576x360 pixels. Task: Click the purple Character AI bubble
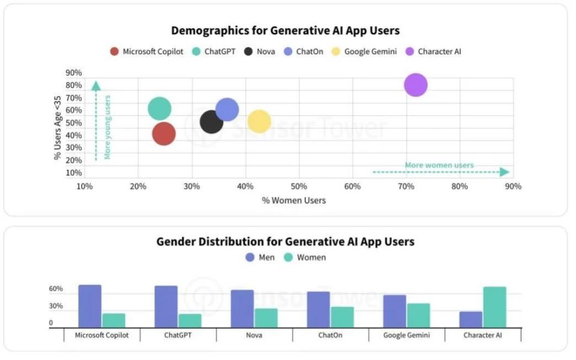(x=415, y=85)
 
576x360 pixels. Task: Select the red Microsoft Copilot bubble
(x=163, y=133)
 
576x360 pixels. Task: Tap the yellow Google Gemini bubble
(x=259, y=121)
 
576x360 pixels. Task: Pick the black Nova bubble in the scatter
(x=211, y=122)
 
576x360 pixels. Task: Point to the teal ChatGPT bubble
(x=159, y=109)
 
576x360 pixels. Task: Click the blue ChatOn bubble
(x=227, y=109)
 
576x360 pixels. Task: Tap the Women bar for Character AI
(x=494, y=307)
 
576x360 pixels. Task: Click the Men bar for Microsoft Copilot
(x=90, y=306)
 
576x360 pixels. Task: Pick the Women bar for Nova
(x=266, y=318)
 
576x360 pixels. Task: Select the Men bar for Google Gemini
(x=394, y=311)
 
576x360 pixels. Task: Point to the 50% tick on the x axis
(x=299, y=187)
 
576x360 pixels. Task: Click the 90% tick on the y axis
(x=74, y=73)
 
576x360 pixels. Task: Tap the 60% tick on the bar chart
(x=56, y=289)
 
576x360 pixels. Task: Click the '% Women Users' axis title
(x=294, y=200)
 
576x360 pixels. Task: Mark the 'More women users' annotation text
(x=439, y=165)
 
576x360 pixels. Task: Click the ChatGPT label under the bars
(x=178, y=335)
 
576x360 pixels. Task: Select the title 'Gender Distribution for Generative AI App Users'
(x=285, y=242)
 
